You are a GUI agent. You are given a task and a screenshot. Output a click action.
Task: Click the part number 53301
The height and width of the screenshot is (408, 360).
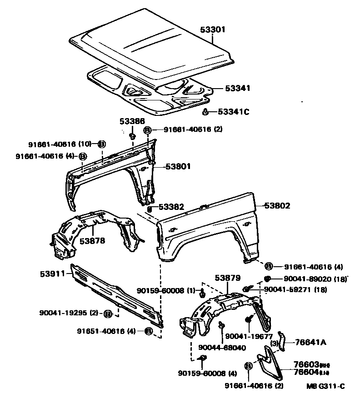coord(213,29)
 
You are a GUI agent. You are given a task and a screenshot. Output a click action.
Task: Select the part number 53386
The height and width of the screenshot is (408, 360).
coord(132,121)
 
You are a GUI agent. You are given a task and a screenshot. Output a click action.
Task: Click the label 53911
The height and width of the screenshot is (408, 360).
coord(52,274)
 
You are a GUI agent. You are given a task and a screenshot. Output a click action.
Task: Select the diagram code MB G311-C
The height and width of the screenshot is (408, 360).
coord(325,386)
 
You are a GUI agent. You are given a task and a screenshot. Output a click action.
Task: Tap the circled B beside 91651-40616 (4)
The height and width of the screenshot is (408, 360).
coord(148,331)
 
